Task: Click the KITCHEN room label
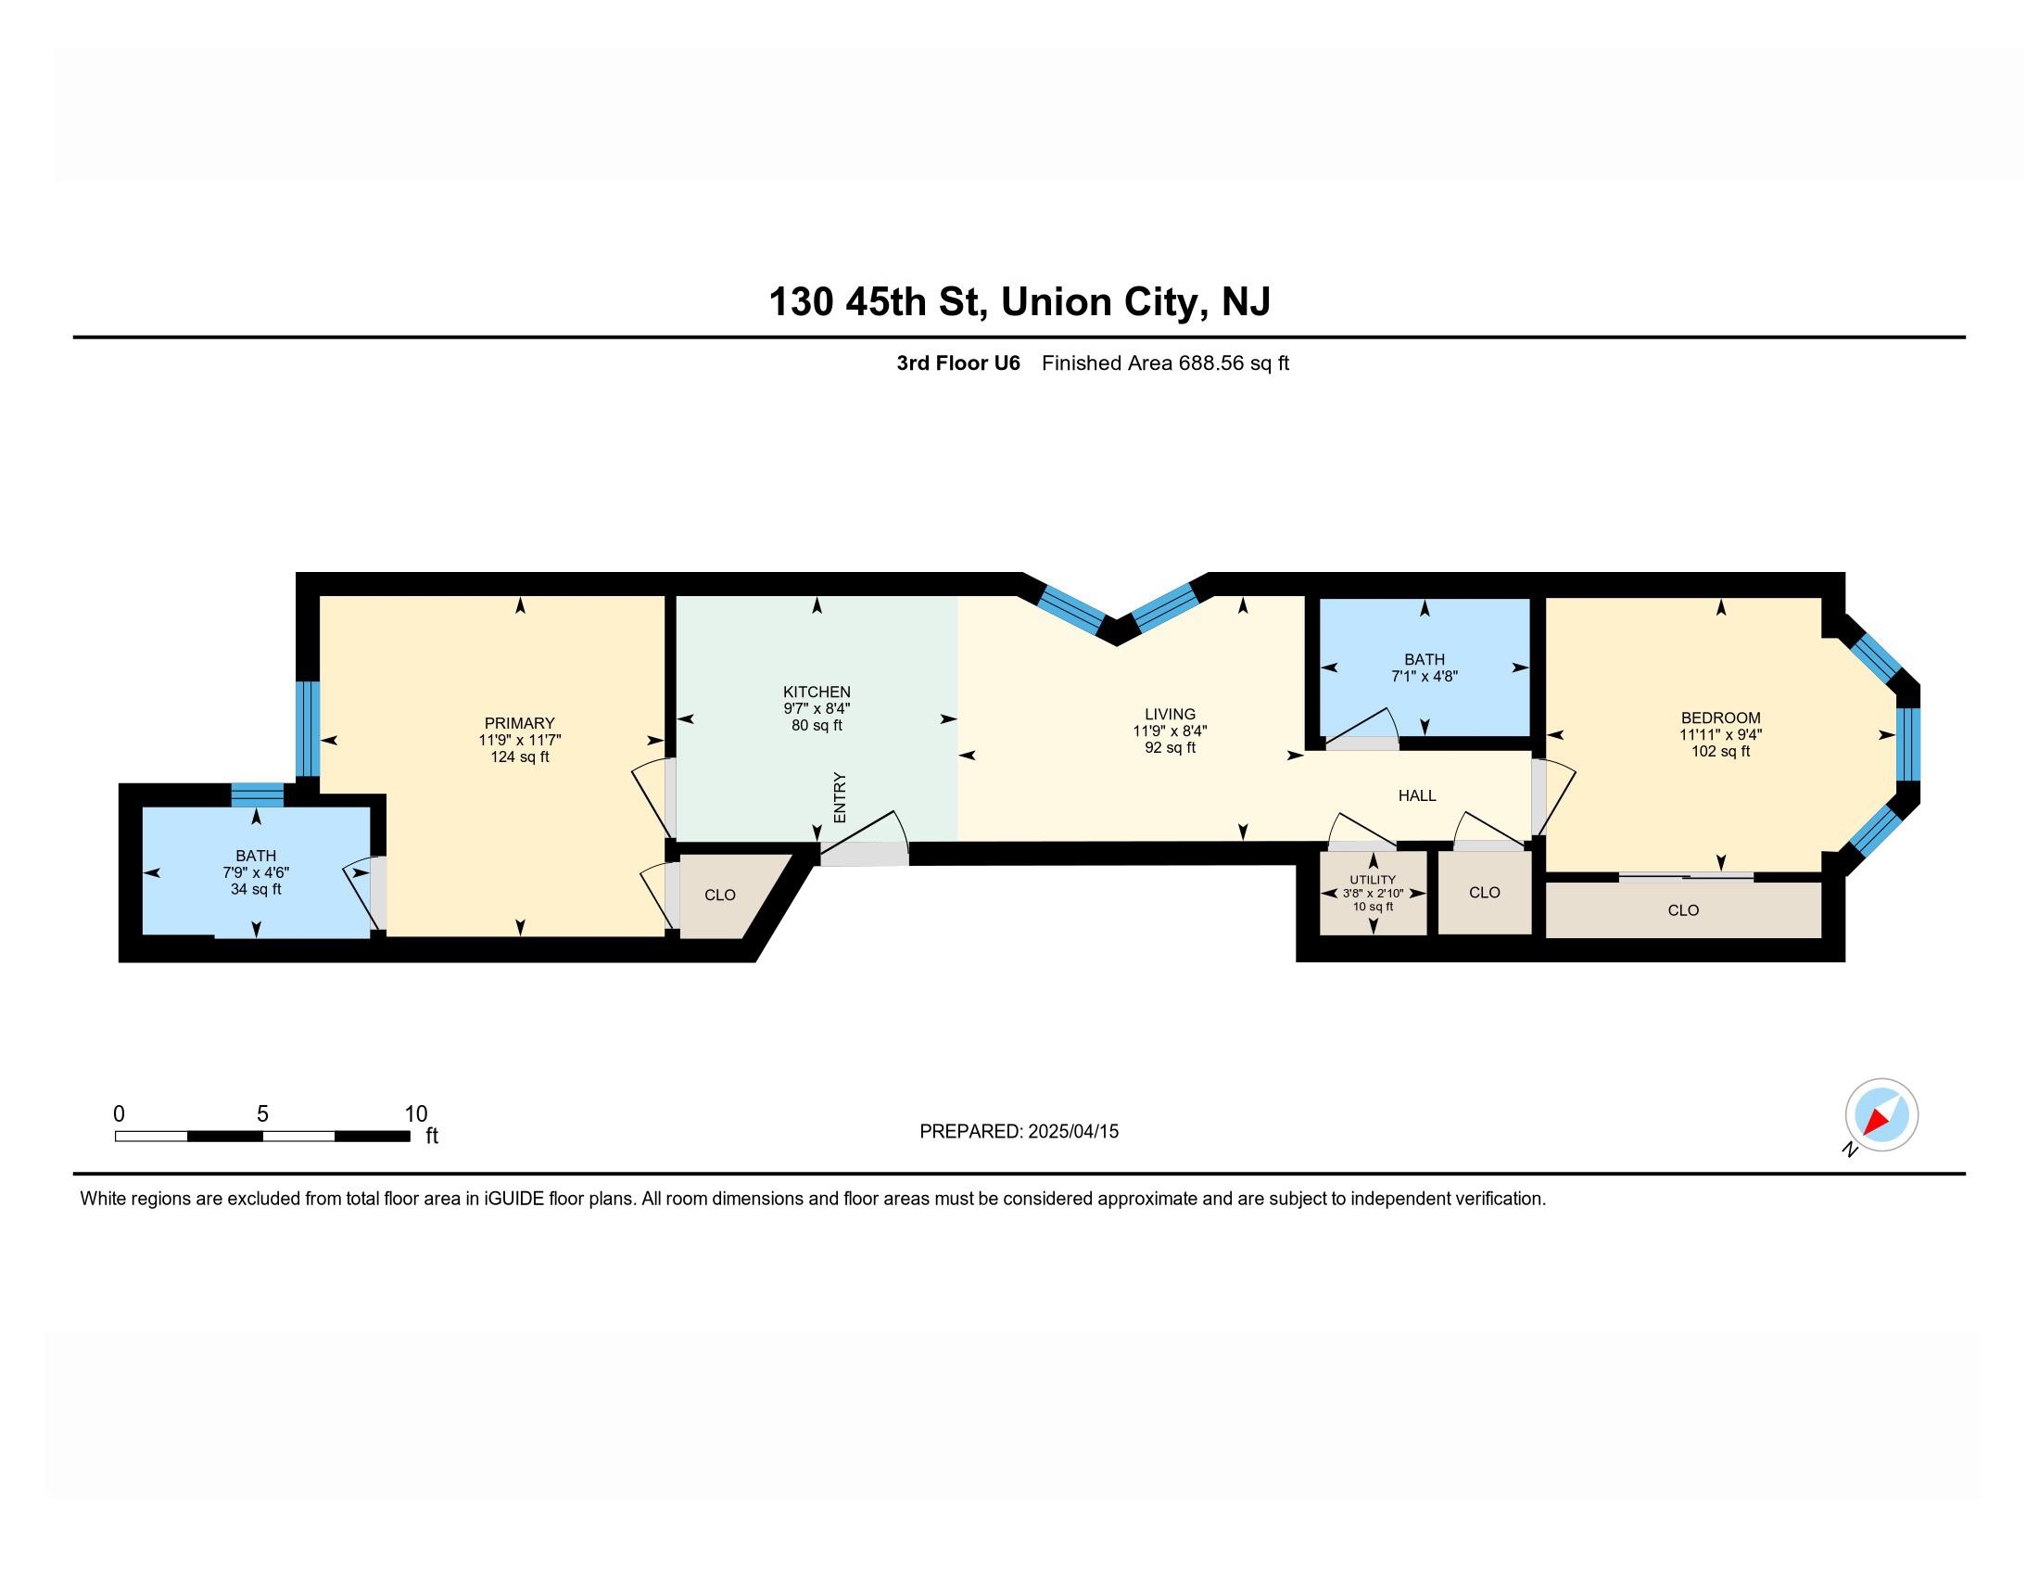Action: (816, 692)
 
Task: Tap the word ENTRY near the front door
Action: (840, 797)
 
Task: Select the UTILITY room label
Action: (1373, 880)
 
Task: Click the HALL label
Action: (1416, 795)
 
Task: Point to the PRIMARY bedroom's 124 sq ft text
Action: (519, 756)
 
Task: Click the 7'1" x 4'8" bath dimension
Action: (1424, 676)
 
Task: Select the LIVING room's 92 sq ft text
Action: (1169, 748)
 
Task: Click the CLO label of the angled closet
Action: (720, 896)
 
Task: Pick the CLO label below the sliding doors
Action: (1682, 910)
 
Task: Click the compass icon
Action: (1881, 1114)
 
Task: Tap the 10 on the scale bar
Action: (415, 1113)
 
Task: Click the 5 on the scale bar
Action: (262, 1113)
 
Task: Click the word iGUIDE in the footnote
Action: (513, 1199)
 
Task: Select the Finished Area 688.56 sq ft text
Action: (1164, 363)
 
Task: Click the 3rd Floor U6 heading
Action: (958, 363)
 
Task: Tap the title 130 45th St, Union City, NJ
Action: (1019, 301)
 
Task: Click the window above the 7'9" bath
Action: (257, 794)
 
